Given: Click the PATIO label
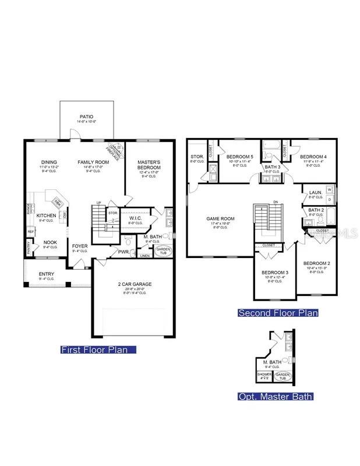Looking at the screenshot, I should (86, 117).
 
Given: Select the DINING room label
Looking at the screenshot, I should (48, 162).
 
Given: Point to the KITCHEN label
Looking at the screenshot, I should (46, 216).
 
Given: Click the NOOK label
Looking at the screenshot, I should (50, 242).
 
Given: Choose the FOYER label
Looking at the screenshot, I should (80, 246).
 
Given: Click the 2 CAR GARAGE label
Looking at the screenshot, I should (134, 284).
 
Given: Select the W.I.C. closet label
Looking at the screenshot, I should (136, 218).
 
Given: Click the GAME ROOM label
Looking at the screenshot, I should (218, 219).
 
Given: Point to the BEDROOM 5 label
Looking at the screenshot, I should (239, 157).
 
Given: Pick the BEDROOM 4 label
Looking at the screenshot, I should (313, 157).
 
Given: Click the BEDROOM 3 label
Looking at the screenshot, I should (274, 273).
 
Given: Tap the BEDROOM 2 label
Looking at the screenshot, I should (316, 263).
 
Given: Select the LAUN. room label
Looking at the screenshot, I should (315, 192).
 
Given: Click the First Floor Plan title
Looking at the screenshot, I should (98, 349).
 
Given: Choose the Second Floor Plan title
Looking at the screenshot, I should (278, 313).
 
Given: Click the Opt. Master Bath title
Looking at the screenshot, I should (275, 397).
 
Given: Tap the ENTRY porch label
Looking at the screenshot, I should (47, 274).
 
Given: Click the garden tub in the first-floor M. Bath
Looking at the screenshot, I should (163, 250).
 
